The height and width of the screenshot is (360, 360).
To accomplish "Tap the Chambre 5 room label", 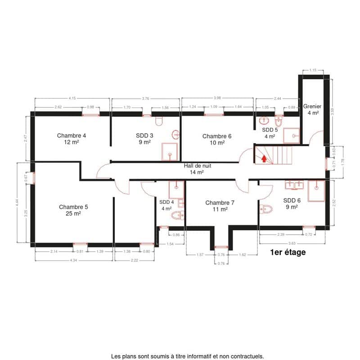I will (x=73, y=210).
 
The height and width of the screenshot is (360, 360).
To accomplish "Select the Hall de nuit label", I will (x=197, y=168).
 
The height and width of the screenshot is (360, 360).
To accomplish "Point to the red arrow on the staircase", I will (x=263, y=157).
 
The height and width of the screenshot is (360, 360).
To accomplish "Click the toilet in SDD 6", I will (x=266, y=209).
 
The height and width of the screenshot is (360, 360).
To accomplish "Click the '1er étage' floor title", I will (x=288, y=252).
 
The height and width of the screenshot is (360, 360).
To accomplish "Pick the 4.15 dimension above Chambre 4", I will (x=72, y=98).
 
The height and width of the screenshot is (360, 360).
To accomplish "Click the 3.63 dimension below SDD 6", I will (x=292, y=243).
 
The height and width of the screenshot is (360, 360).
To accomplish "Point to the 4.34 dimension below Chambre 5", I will (x=73, y=260).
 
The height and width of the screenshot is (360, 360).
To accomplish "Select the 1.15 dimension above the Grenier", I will (x=313, y=70).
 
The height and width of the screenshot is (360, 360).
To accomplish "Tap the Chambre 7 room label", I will (x=220, y=206).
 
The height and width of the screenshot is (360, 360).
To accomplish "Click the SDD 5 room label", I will (x=270, y=132).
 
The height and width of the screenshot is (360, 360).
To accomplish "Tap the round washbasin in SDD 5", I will (x=265, y=120).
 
